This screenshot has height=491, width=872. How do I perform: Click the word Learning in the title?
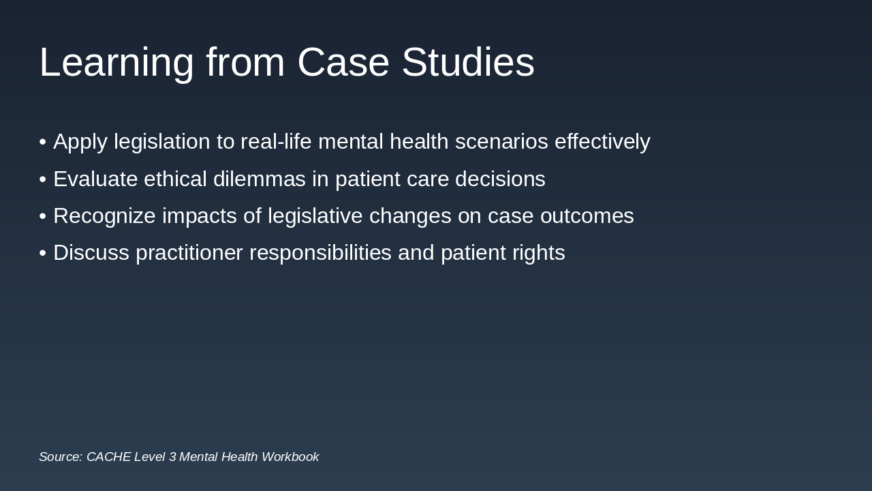coord(116,63)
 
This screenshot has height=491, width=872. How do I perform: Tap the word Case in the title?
coord(343,63)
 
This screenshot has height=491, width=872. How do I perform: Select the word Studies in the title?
coord(468,63)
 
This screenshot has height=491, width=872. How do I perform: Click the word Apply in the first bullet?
coord(80,142)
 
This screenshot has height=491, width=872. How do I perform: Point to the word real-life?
coord(276,142)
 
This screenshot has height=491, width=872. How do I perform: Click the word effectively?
coord(602,142)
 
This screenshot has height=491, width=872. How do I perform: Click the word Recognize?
coord(104,215)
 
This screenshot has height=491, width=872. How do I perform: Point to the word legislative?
coord(314,215)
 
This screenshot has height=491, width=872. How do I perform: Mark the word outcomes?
coord(587,215)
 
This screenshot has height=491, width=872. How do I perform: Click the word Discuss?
coord(91,252)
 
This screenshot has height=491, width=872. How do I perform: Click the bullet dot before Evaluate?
coord(42,179)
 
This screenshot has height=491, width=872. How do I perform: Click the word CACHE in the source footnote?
coord(108,457)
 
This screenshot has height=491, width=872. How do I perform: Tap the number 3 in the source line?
coord(172,457)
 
